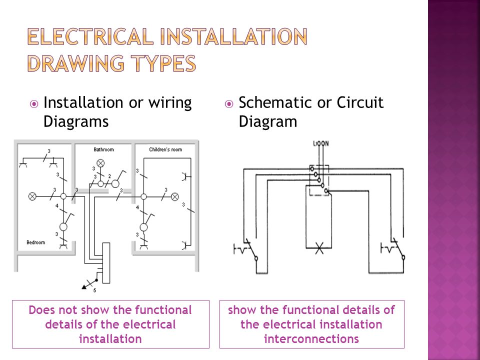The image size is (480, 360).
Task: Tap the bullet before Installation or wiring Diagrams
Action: point(34,104)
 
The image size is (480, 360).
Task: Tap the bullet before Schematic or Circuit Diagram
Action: point(229,104)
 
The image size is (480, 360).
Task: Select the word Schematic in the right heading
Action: point(275,103)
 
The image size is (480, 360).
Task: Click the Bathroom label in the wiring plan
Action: point(104,149)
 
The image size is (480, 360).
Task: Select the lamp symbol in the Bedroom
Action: point(32,196)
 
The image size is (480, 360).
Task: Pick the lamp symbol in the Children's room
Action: point(175,196)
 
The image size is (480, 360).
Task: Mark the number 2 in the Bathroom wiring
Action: point(109,176)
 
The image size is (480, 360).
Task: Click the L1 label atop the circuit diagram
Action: point(315,144)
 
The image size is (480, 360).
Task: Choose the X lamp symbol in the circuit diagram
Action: point(319,248)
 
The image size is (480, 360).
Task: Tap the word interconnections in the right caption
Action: point(311,338)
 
